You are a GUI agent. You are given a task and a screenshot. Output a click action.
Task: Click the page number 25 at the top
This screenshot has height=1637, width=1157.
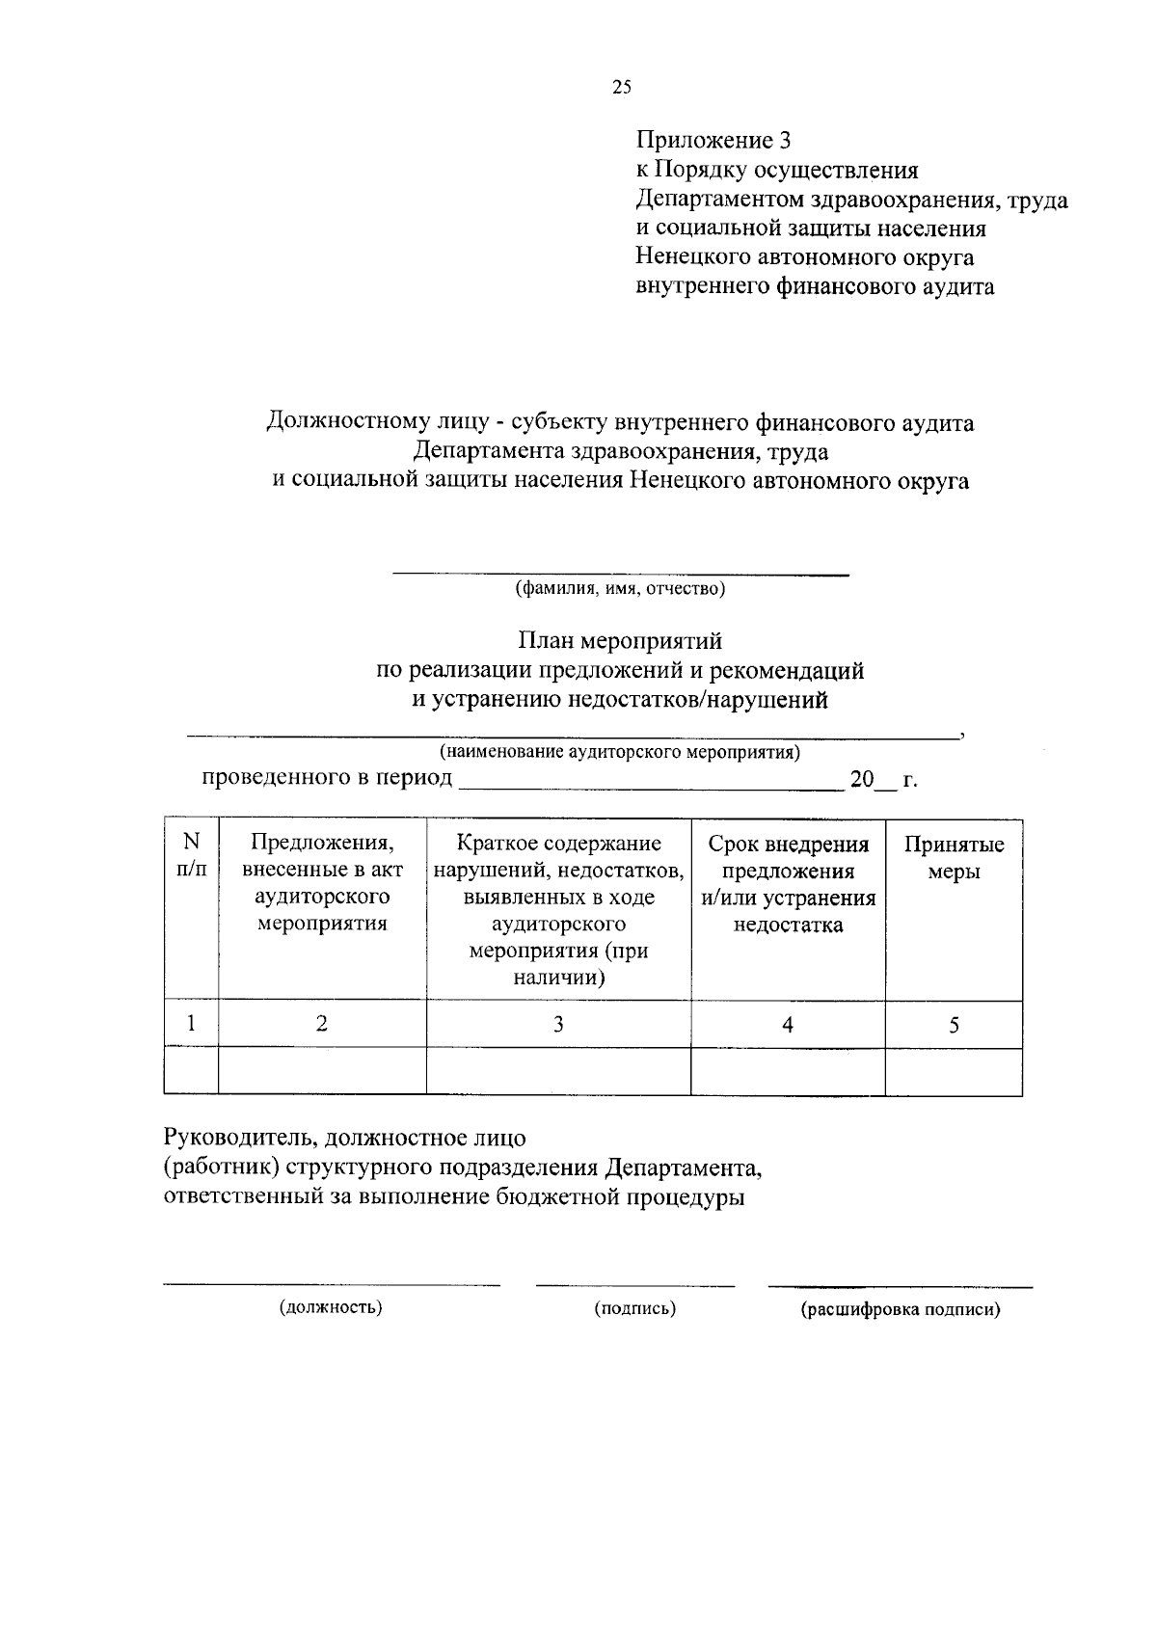(622, 88)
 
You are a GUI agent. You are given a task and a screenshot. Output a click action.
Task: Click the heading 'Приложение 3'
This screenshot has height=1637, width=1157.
(713, 141)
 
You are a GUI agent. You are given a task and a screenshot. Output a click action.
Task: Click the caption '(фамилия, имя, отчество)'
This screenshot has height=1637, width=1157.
(620, 588)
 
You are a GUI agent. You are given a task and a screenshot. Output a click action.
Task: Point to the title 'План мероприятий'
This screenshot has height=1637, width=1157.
(620, 641)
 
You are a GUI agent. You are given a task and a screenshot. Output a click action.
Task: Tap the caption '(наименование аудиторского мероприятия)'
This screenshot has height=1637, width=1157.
(620, 751)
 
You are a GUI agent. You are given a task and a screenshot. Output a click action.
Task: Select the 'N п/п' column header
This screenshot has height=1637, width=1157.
(191, 855)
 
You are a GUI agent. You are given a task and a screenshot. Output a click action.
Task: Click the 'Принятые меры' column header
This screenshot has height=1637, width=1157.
(954, 858)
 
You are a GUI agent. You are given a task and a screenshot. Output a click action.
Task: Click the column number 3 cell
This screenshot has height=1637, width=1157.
(557, 1025)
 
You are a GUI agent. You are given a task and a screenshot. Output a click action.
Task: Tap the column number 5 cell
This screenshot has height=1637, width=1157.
(954, 1025)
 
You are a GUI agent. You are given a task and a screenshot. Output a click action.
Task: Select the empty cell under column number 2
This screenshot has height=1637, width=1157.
(322, 1072)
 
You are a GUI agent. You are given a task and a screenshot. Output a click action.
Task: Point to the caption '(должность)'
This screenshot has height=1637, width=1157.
(331, 1308)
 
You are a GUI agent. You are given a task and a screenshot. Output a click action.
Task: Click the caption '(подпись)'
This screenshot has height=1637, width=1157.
(634, 1308)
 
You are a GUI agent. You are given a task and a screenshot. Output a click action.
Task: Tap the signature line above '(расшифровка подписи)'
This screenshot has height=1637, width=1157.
(900, 1286)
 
